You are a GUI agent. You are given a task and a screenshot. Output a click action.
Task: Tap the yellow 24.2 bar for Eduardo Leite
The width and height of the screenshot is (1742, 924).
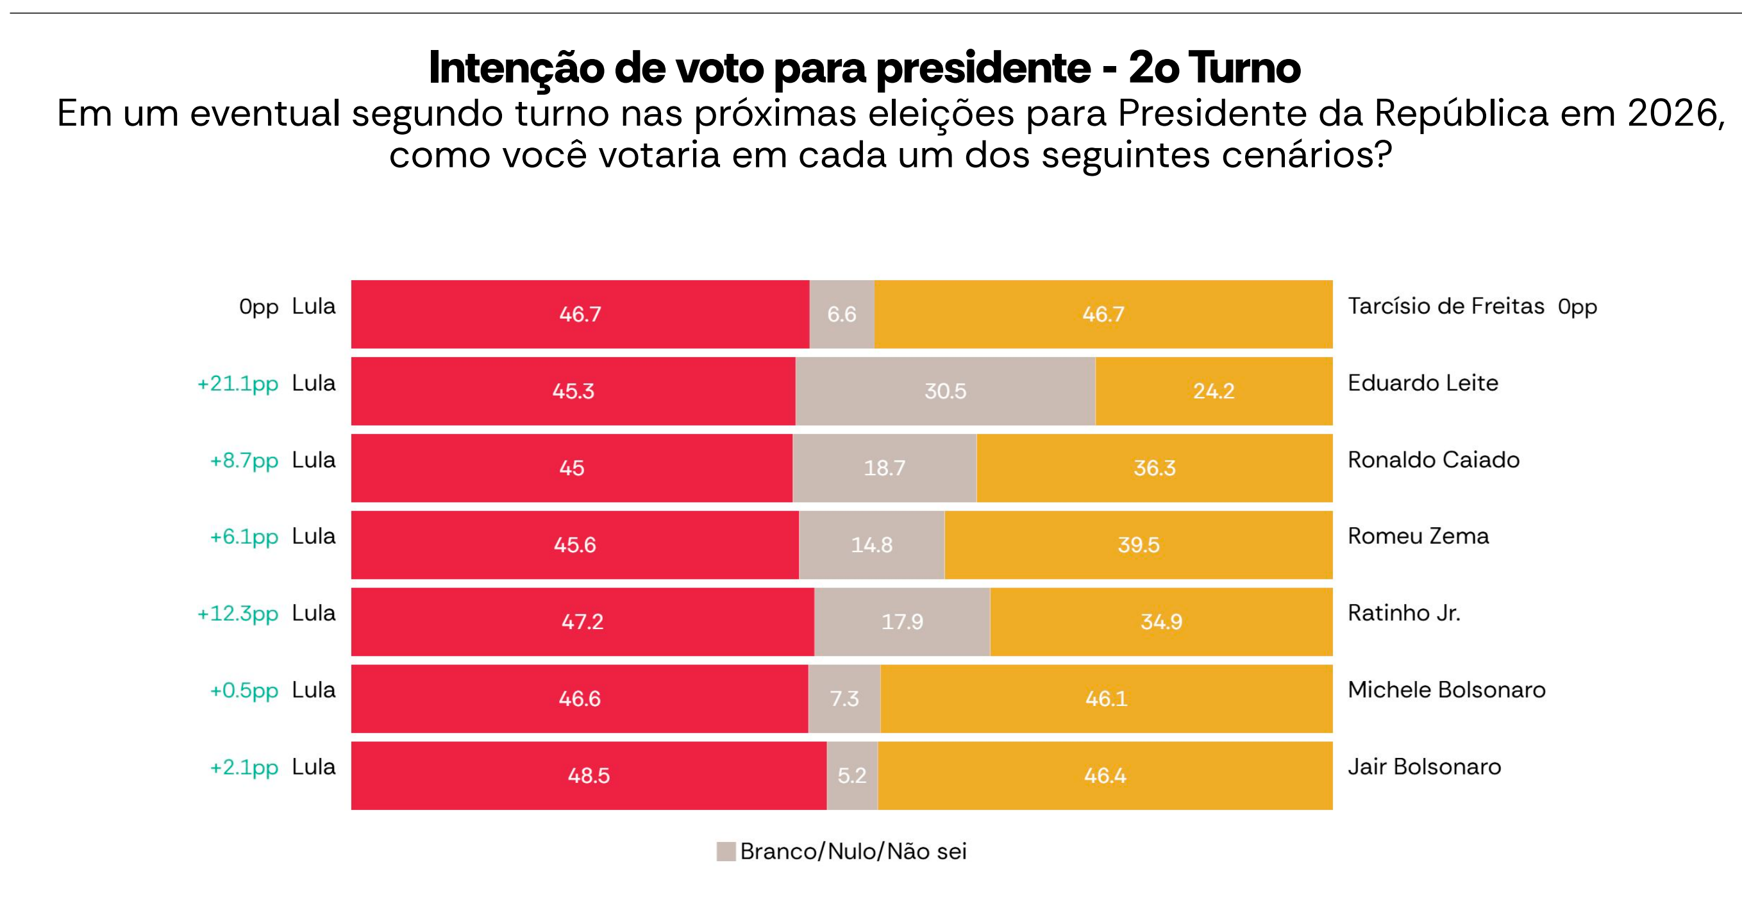click(x=1213, y=391)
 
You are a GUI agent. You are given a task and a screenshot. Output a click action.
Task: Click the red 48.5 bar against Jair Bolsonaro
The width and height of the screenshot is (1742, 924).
click(x=589, y=775)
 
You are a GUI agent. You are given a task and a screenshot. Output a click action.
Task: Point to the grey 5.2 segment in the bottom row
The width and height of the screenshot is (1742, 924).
click(x=852, y=775)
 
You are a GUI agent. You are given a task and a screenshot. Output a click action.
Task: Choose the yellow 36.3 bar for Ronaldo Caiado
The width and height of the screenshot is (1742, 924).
click(x=1154, y=468)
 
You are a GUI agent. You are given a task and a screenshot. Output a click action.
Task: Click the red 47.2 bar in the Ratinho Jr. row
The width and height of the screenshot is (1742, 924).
click(x=582, y=621)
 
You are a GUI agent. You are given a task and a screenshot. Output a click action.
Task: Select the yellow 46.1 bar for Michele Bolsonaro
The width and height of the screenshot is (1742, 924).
click(x=1107, y=699)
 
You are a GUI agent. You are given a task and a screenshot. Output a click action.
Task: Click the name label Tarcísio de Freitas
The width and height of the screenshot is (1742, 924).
click(x=1446, y=307)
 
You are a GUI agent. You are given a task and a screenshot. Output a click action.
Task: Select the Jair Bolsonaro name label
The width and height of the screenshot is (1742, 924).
click(x=1424, y=767)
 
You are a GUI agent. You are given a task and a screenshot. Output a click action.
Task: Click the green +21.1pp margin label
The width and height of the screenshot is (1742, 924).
click(x=237, y=383)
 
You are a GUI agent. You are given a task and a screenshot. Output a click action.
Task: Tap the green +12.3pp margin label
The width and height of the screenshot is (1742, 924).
click(x=237, y=614)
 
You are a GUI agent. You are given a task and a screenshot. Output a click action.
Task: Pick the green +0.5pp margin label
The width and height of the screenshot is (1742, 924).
click(x=244, y=691)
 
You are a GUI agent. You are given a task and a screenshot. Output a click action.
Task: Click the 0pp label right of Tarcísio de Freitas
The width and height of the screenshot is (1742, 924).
click(x=1577, y=307)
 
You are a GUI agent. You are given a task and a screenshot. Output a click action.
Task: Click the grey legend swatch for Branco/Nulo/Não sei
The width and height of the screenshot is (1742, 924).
click(x=726, y=851)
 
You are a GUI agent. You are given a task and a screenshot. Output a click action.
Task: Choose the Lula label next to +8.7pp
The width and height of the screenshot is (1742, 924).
click(x=314, y=460)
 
